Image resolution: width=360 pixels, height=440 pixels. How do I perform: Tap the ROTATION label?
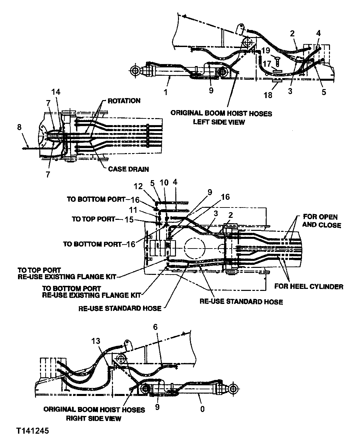[124, 101]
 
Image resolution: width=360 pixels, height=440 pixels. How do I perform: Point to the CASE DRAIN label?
[128, 169]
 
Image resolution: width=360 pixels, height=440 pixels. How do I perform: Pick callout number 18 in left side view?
[268, 95]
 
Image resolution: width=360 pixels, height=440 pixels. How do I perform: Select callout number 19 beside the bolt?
[266, 51]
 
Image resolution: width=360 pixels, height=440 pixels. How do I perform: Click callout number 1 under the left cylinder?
[166, 92]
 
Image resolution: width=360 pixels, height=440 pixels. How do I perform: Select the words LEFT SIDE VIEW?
[219, 122]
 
